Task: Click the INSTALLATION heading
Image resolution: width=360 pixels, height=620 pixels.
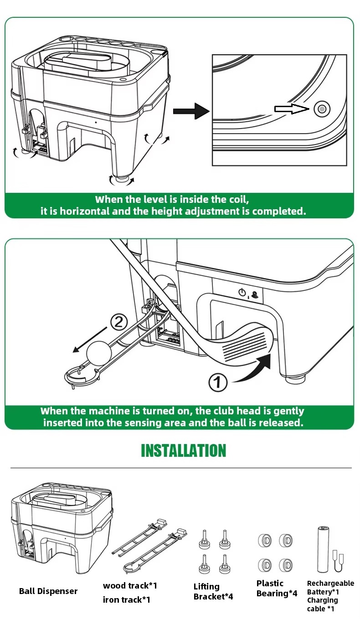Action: (184, 450)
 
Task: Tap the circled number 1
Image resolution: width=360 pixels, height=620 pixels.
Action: (218, 382)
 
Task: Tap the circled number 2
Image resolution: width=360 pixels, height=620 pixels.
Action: (119, 322)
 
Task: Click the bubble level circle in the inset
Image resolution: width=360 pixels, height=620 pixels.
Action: (322, 109)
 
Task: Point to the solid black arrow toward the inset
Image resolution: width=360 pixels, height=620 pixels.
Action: (191, 111)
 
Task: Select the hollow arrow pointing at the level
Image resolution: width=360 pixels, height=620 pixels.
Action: (292, 109)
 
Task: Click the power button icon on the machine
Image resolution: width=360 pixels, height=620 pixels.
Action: (242, 293)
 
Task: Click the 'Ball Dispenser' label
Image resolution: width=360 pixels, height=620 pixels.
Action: (48, 591)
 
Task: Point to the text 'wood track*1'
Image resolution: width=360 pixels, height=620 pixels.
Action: (130, 585)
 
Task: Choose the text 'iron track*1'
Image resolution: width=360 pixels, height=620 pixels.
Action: (127, 599)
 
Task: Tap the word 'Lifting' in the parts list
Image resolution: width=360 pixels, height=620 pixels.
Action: (206, 587)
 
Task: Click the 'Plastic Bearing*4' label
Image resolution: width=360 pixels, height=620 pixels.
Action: (277, 588)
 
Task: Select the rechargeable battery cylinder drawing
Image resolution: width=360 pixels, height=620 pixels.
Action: (323, 549)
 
